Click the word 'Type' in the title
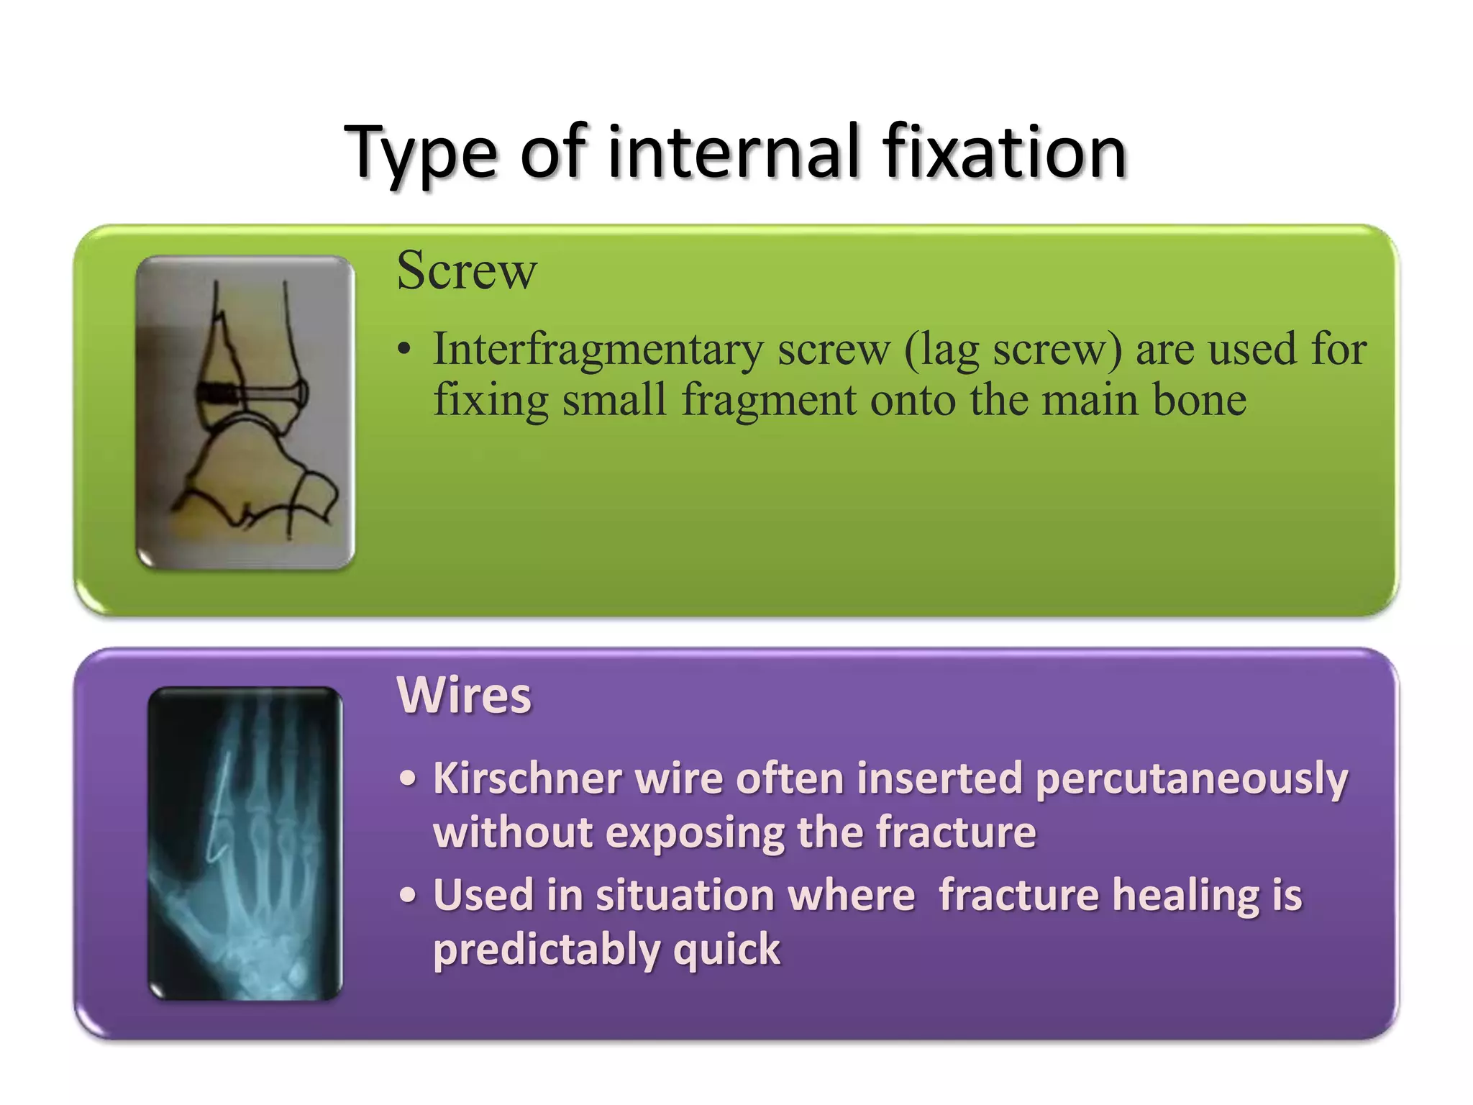pyautogui.click(x=420, y=153)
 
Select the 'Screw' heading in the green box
pyautogui.click(x=467, y=270)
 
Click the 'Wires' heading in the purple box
pyautogui.click(x=464, y=695)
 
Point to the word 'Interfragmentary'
pyautogui.click(x=598, y=350)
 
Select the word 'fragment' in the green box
pyautogui.click(x=769, y=400)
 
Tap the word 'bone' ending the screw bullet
pyautogui.click(x=1199, y=400)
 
